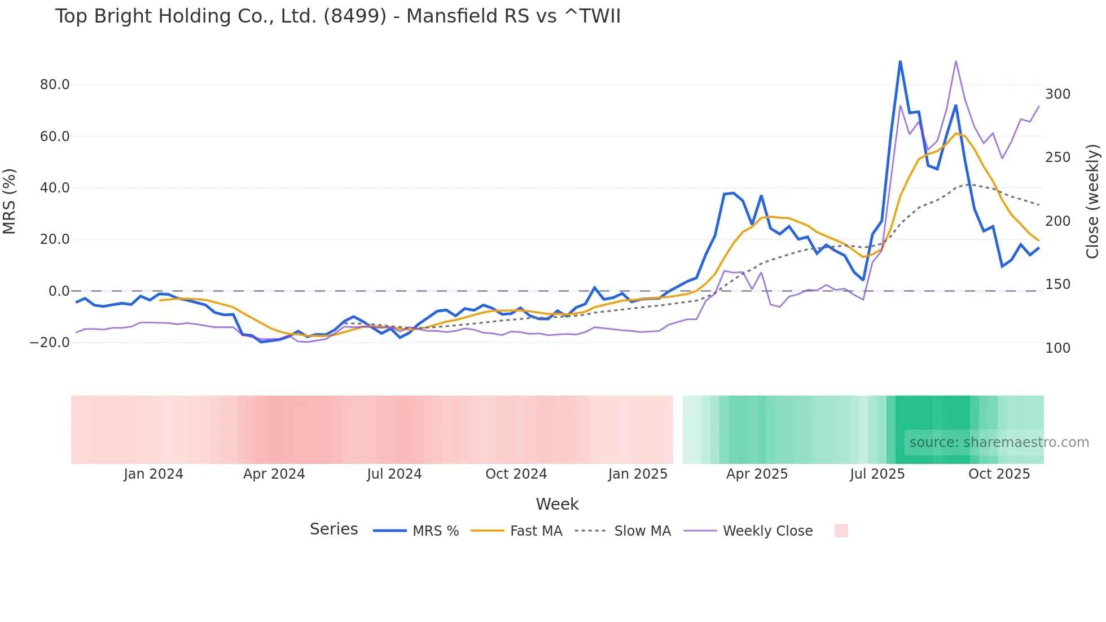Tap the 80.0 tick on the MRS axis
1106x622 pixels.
(x=55, y=85)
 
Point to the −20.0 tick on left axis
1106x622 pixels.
(x=50, y=343)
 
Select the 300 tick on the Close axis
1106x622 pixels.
(x=1057, y=94)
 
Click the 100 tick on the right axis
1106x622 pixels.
(x=1057, y=348)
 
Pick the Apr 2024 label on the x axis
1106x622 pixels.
(x=274, y=474)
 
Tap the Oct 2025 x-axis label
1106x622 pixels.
(x=999, y=474)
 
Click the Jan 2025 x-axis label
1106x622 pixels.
(x=638, y=474)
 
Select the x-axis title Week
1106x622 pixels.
(x=557, y=504)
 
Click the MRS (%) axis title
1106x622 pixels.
(x=10, y=202)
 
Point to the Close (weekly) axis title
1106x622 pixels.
(x=1093, y=202)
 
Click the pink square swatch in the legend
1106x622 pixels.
(x=841, y=531)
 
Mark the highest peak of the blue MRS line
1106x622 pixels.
(x=900, y=61)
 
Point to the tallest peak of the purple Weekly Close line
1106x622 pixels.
(x=955, y=61)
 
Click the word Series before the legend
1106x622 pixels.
(x=333, y=529)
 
